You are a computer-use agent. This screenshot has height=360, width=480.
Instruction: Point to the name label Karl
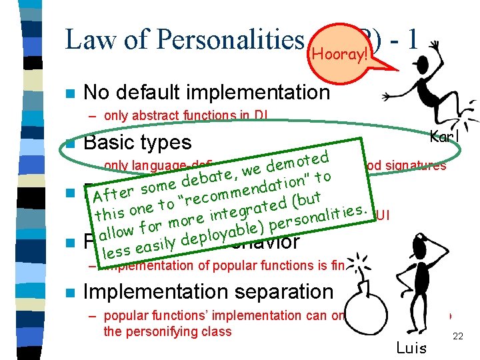click(441, 137)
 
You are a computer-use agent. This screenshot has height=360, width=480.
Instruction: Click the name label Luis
click(412, 347)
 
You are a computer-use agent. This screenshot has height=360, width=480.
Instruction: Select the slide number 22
click(458, 337)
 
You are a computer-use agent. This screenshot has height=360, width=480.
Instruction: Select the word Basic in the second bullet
click(113, 143)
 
